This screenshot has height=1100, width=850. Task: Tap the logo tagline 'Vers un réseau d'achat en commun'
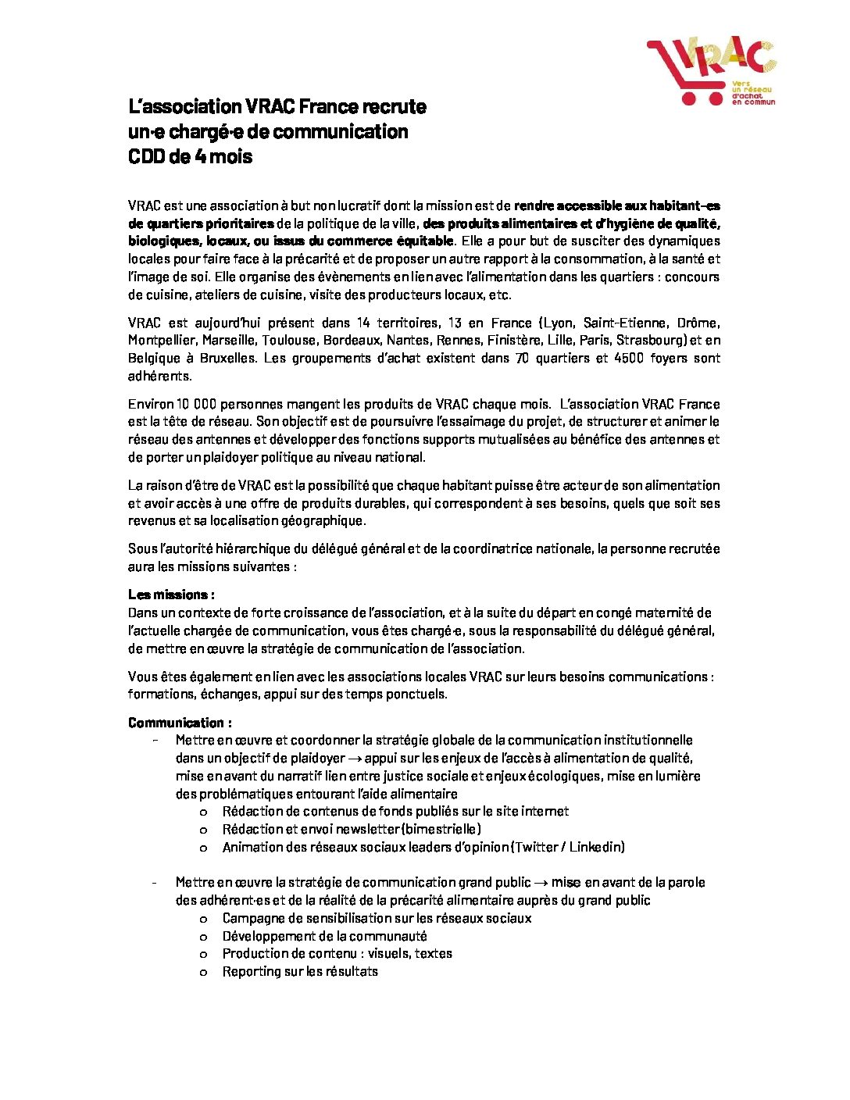coord(752,93)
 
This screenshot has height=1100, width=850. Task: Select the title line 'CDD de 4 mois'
coord(191,157)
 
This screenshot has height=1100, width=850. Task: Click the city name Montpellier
coord(162,341)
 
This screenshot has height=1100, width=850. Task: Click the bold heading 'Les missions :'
coord(171,595)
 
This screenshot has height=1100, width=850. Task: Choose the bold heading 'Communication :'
coord(180,723)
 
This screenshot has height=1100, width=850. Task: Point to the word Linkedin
coord(597,848)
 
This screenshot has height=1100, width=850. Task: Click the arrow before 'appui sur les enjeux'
coord(355,759)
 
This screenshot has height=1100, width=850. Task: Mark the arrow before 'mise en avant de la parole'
coord(541,883)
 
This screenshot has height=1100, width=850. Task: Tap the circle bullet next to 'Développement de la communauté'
coord(204,937)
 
